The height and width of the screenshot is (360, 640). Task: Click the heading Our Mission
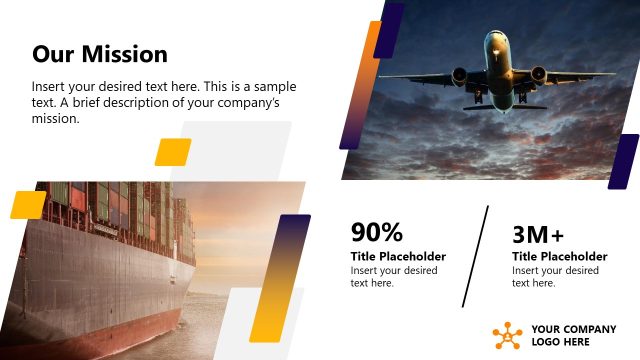[100, 54]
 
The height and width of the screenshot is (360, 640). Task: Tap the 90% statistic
[376, 233]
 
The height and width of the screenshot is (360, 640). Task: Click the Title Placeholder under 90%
[398, 257]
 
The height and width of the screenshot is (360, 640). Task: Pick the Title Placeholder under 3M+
[559, 257]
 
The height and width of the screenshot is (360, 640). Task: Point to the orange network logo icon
[507, 336]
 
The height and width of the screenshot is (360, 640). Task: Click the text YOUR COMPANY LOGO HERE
[573, 336]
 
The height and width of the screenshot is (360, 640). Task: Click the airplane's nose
[497, 42]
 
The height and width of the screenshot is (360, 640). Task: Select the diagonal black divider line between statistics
[476, 257]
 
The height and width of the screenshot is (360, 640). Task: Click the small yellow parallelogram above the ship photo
[173, 152]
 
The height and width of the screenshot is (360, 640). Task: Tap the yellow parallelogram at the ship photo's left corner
[28, 204]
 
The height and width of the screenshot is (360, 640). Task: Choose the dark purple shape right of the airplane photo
[623, 161]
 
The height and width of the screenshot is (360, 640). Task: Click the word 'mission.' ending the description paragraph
[54, 119]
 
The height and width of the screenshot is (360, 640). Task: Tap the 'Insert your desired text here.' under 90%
[393, 277]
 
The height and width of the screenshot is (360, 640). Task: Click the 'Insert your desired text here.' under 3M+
[554, 277]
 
